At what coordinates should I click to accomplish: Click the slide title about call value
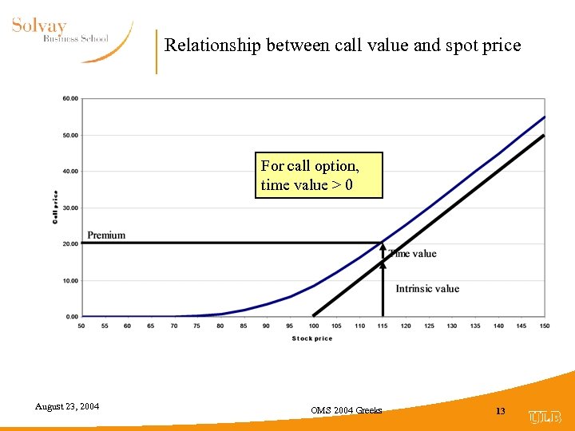point(342,45)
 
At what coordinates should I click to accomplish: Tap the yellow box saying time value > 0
point(319,176)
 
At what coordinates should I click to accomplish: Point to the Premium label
point(106,235)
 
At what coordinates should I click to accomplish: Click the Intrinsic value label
point(427,289)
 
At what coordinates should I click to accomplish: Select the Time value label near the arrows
point(414,254)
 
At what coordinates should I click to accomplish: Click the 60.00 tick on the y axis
point(70,99)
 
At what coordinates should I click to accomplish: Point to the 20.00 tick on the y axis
point(70,244)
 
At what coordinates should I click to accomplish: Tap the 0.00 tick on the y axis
point(72,317)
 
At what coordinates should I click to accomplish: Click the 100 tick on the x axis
point(313,326)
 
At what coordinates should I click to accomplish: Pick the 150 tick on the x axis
point(545,326)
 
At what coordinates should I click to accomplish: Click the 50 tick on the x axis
point(82,326)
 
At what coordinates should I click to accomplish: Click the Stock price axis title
point(312,338)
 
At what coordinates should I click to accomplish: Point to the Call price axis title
point(56,207)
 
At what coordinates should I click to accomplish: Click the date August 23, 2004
point(67,407)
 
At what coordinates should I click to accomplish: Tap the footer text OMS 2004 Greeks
point(347,410)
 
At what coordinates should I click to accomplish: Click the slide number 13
point(501,411)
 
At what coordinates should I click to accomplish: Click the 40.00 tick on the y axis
point(70,172)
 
